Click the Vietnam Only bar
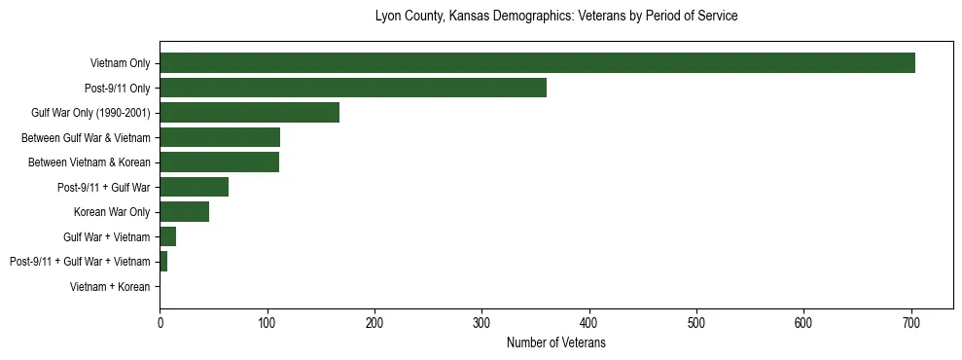point(537,63)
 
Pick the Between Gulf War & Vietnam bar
point(220,137)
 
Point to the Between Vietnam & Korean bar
point(219,162)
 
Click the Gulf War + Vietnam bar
point(167,236)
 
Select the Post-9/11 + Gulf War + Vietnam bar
point(163,261)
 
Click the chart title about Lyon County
point(556,17)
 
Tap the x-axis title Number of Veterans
point(556,343)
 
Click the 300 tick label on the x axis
point(481,323)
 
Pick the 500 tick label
point(696,323)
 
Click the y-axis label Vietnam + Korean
point(110,286)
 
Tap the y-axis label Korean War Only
point(112,212)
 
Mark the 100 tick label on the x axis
point(267,323)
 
